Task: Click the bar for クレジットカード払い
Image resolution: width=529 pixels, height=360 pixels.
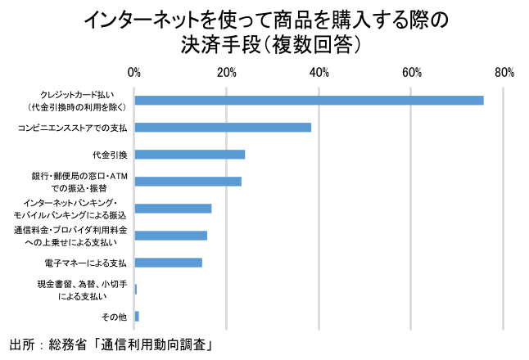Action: (309, 101)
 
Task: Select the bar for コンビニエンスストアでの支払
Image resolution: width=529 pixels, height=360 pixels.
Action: (223, 128)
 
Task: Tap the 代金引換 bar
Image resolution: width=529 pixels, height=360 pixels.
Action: (190, 155)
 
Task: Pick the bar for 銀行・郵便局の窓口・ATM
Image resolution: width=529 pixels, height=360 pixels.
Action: (188, 182)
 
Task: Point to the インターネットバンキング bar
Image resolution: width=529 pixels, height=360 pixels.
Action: (173, 209)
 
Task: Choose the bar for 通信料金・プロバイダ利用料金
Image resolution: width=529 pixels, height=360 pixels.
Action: (170, 236)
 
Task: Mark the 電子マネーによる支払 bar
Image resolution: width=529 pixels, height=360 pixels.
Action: (168, 263)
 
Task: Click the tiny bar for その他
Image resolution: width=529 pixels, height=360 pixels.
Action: (137, 316)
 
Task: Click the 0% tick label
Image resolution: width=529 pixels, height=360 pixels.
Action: (134, 74)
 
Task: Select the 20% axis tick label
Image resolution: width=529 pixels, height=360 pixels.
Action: (227, 74)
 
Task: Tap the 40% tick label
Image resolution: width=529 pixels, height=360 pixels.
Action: (319, 74)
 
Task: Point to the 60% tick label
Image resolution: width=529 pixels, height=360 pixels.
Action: (411, 74)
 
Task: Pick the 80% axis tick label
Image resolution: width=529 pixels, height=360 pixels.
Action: (504, 74)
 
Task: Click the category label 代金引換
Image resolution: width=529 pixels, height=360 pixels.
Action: (110, 155)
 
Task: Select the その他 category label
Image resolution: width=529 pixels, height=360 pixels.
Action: (115, 316)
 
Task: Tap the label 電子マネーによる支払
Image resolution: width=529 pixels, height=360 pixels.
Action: (85, 263)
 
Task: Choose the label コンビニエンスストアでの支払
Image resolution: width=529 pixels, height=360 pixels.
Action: (73, 128)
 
